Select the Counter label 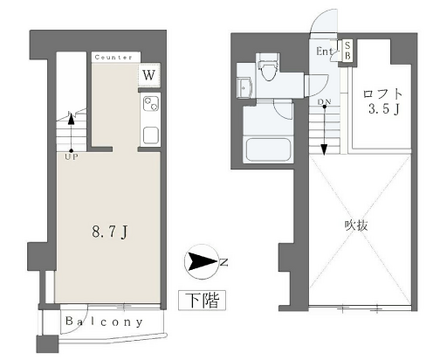113,58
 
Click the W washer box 147,75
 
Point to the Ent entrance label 326,51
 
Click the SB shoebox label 347,50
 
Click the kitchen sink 149,133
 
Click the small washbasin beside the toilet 244,82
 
